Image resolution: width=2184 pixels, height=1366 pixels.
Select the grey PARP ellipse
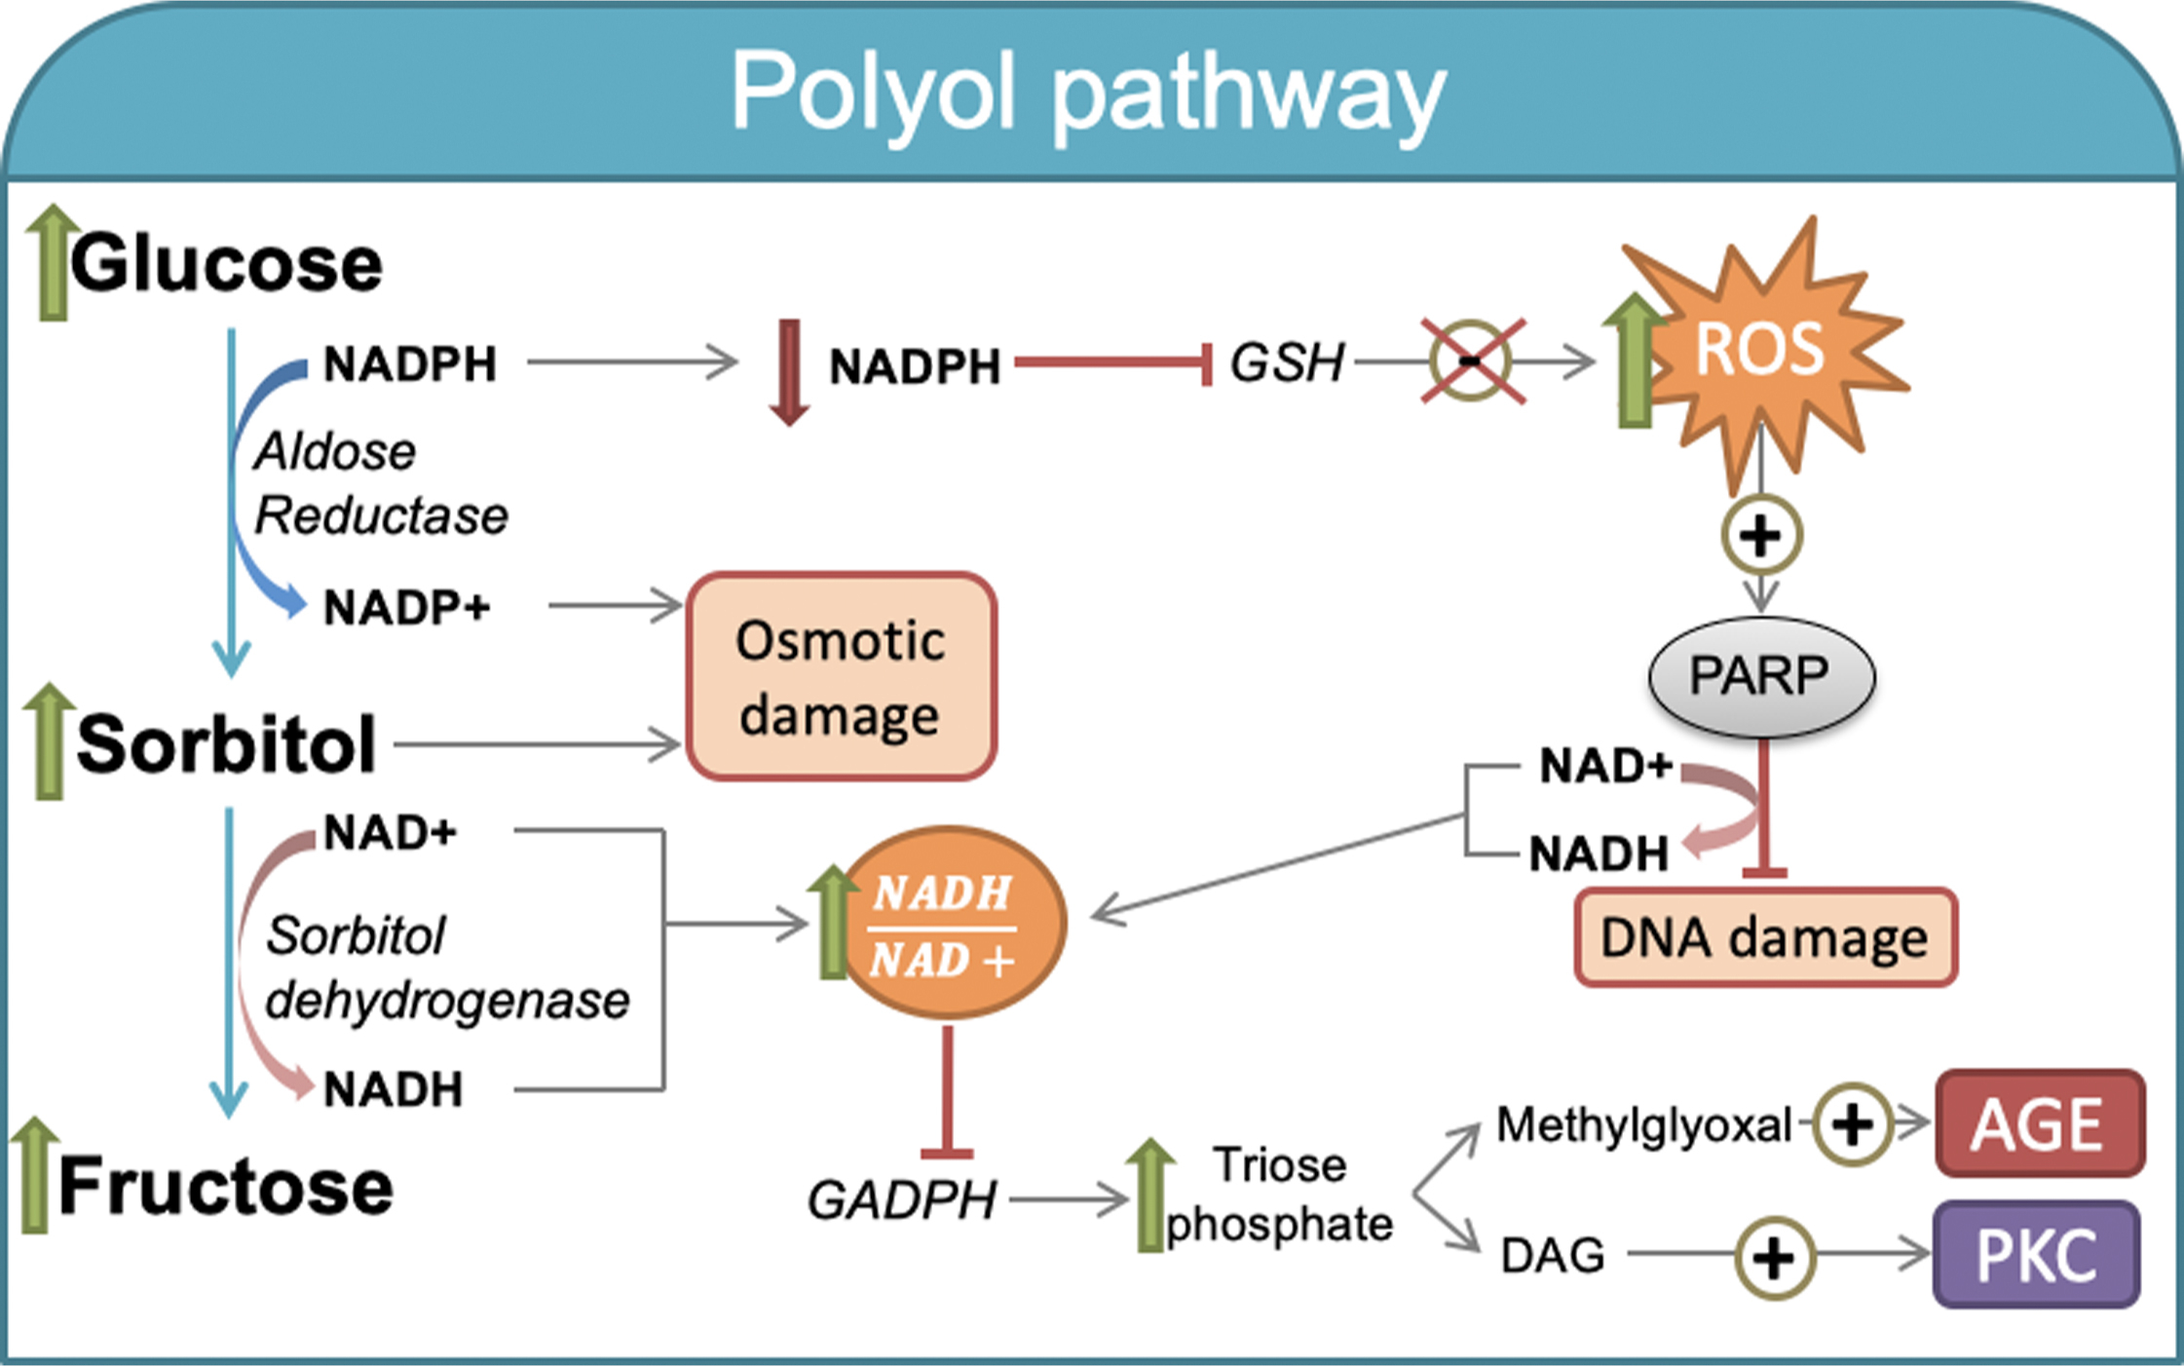[1761, 676]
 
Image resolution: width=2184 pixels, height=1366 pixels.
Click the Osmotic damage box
[841, 677]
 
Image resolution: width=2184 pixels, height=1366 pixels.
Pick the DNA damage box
[1765, 937]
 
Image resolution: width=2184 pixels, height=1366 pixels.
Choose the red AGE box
[2039, 1123]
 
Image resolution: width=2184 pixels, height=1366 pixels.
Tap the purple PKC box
[2037, 1255]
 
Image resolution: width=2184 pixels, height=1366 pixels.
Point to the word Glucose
[226, 264]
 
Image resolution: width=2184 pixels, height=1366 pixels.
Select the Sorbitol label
[226, 745]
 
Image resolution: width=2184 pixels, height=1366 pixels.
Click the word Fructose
[226, 1186]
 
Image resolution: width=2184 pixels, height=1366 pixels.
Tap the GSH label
[1287, 362]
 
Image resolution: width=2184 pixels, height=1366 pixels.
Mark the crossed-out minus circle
[1471, 361]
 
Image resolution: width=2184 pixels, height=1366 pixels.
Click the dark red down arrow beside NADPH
[789, 371]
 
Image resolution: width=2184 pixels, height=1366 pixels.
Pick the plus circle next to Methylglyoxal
[1853, 1124]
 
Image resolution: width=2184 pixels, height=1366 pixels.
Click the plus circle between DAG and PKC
[1775, 1257]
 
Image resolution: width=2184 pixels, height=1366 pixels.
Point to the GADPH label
[901, 1199]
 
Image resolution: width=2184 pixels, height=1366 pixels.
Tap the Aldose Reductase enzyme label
[380, 483]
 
